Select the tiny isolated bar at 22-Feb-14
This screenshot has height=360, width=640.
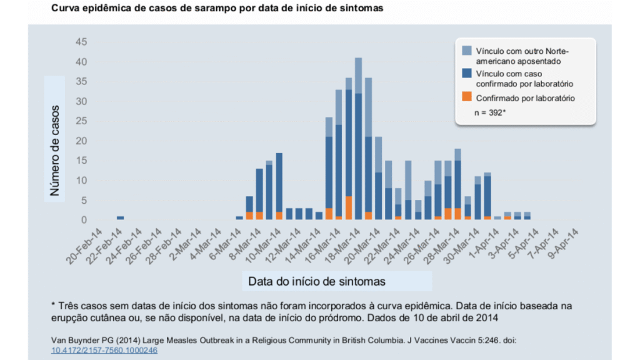(120, 217)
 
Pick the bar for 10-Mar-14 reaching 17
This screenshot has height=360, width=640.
(279, 184)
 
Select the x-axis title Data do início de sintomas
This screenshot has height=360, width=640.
(317, 281)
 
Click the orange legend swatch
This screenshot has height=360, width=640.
(467, 97)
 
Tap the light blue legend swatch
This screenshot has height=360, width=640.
(467, 51)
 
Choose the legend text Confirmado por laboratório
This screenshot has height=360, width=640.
(525, 98)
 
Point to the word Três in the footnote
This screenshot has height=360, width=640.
(69, 306)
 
